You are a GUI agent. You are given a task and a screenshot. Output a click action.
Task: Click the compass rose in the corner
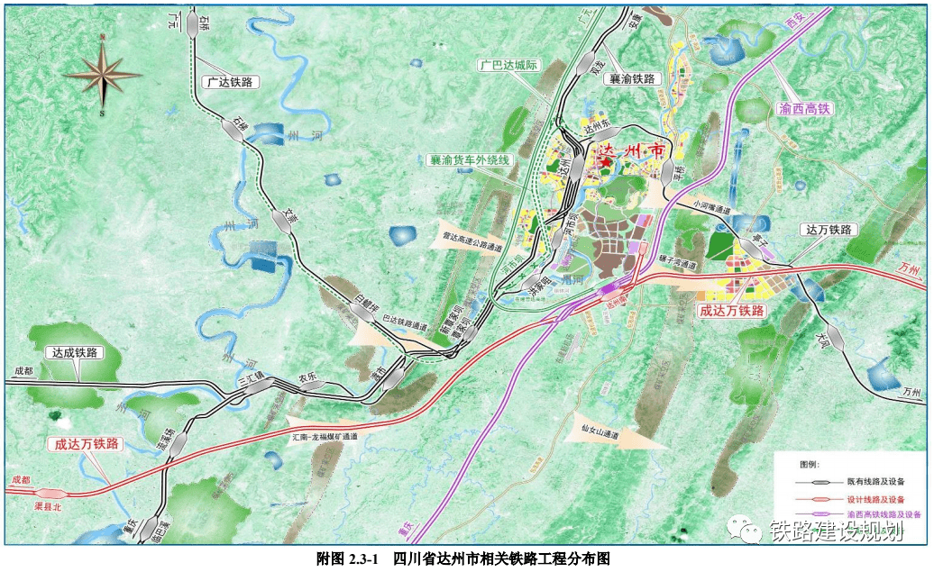click(x=103, y=75)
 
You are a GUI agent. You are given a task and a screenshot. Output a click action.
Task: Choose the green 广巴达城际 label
click(x=508, y=66)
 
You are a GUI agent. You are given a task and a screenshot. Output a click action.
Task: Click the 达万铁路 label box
click(x=827, y=231)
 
